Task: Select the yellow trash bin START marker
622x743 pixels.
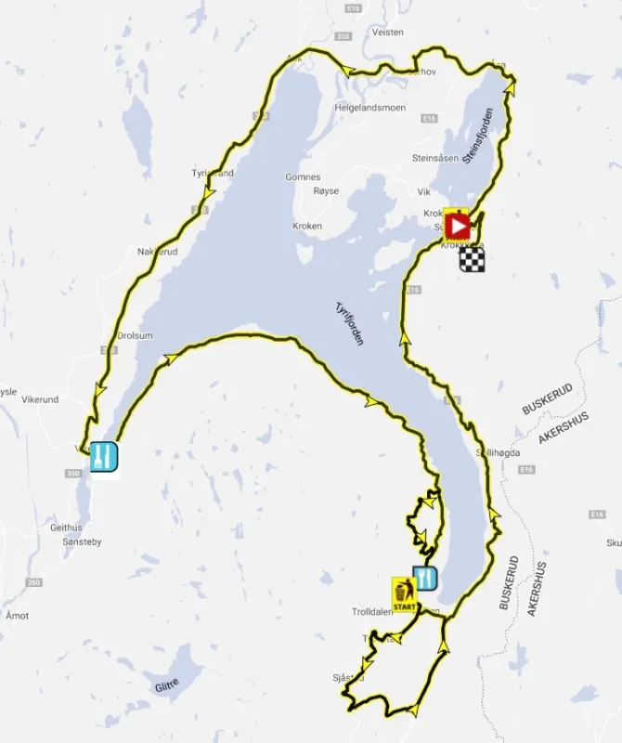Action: (x=403, y=591)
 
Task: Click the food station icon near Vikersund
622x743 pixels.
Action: (x=102, y=455)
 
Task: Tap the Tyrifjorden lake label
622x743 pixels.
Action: (x=349, y=324)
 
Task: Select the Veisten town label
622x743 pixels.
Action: (x=387, y=32)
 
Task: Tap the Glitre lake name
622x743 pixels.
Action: (x=168, y=685)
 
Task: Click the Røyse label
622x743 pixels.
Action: (x=327, y=190)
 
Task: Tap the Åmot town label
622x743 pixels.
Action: (x=16, y=616)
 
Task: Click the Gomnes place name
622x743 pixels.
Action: (x=303, y=176)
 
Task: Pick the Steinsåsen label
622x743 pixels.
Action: (x=434, y=158)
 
